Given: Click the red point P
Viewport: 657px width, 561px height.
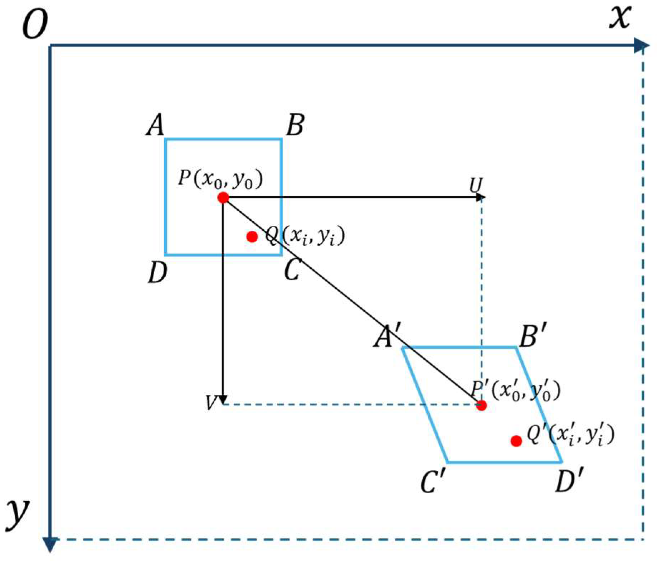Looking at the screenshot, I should click(x=223, y=197).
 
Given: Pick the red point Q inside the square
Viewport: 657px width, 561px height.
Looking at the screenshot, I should click(x=252, y=236).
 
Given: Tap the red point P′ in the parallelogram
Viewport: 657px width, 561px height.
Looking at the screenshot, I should click(x=481, y=406).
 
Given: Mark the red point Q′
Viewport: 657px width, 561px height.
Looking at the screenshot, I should click(x=516, y=441).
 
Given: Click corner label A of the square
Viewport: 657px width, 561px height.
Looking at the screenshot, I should click(x=155, y=125).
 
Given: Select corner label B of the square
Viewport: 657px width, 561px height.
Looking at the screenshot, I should click(x=295, y=125).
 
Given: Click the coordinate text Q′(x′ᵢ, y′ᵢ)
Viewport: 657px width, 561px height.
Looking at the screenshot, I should click(x=570, y=436).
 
